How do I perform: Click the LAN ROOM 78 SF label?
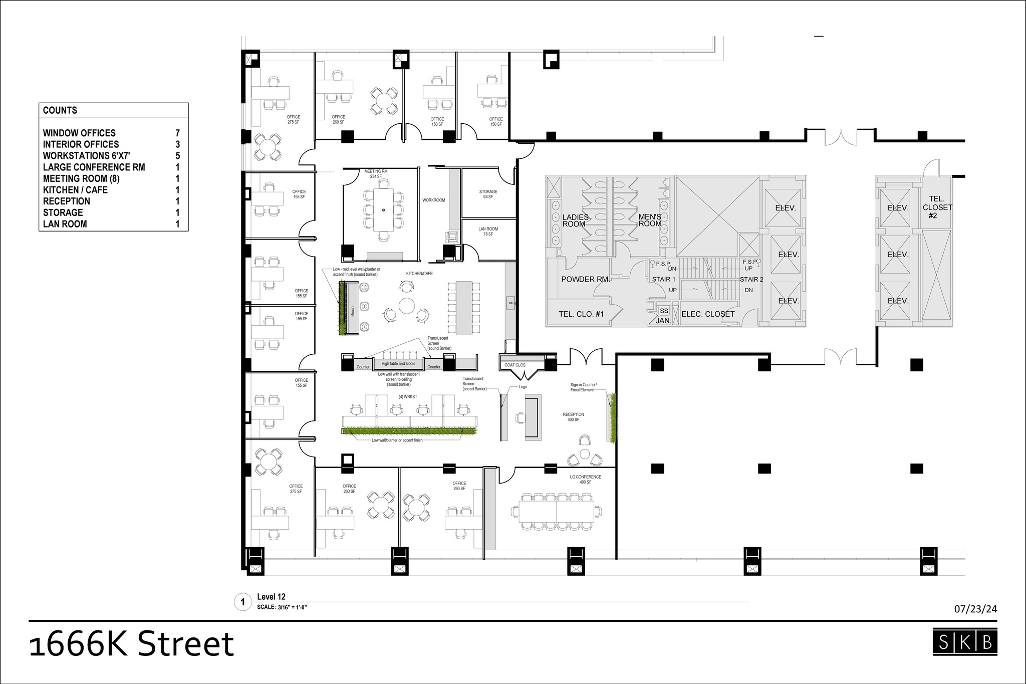[x=488, y=232]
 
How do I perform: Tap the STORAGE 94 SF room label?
[x=488, y=194]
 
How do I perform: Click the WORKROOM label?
[x=433, y=200]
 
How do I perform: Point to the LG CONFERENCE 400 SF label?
[x=585, y=479]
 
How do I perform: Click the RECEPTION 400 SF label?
[x=573, y=417]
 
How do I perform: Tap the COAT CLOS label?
[x=515, y=365]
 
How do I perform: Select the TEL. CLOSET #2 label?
[x=937, y=207]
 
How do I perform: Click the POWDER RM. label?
[x=585, y=279]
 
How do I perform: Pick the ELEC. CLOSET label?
[x=708, y=314]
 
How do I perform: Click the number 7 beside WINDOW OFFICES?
[x=177, y=133]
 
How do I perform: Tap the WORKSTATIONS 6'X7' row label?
[x=87, y=156]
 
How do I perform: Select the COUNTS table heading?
[x=60, y=111]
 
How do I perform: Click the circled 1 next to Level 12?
[x=243, y=602]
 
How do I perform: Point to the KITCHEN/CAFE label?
[x=419, y=274]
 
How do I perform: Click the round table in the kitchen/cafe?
[x=406, y=305]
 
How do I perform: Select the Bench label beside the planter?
[x=352, y=311]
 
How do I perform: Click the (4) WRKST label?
[x=407, y=396]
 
